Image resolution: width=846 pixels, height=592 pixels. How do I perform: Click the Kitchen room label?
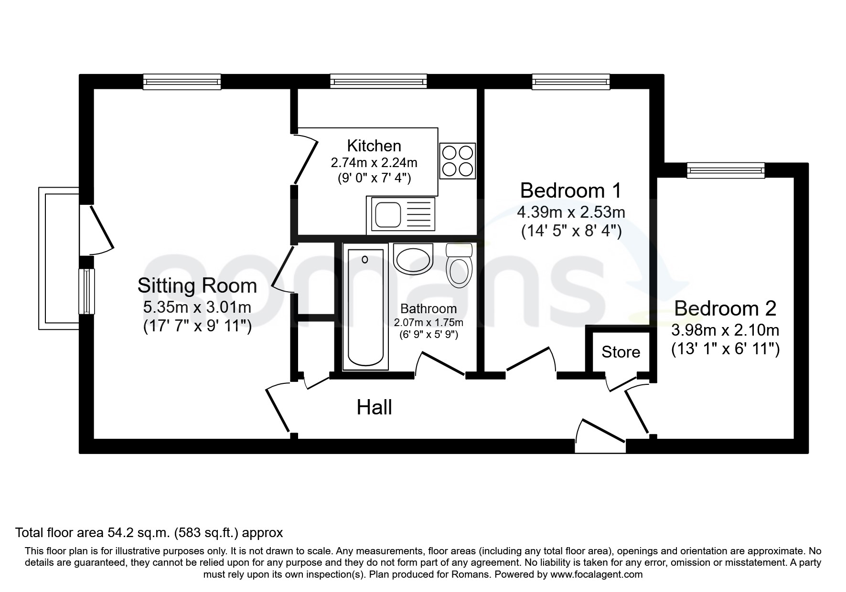click(374, 146)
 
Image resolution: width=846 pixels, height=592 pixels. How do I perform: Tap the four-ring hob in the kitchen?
click(458, 160)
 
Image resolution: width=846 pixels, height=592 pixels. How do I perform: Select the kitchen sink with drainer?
click(401, 215)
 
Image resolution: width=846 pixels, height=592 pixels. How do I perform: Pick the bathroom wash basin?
click(413, 258)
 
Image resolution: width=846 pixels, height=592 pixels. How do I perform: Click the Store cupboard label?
click(621, 352)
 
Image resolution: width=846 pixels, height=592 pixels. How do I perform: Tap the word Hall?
click(374, 408)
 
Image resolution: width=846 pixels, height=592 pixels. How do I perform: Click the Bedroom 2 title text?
click(725, 308)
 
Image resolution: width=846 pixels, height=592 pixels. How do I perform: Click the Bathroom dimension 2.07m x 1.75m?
click(428, 322)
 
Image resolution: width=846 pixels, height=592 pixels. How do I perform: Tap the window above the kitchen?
click(378, 81)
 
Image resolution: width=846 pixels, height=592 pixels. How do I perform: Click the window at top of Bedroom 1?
click(571, 81)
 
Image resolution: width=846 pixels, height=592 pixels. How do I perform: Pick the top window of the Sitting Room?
click(182, 81)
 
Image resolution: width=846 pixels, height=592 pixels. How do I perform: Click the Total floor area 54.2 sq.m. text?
click(149, 532)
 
